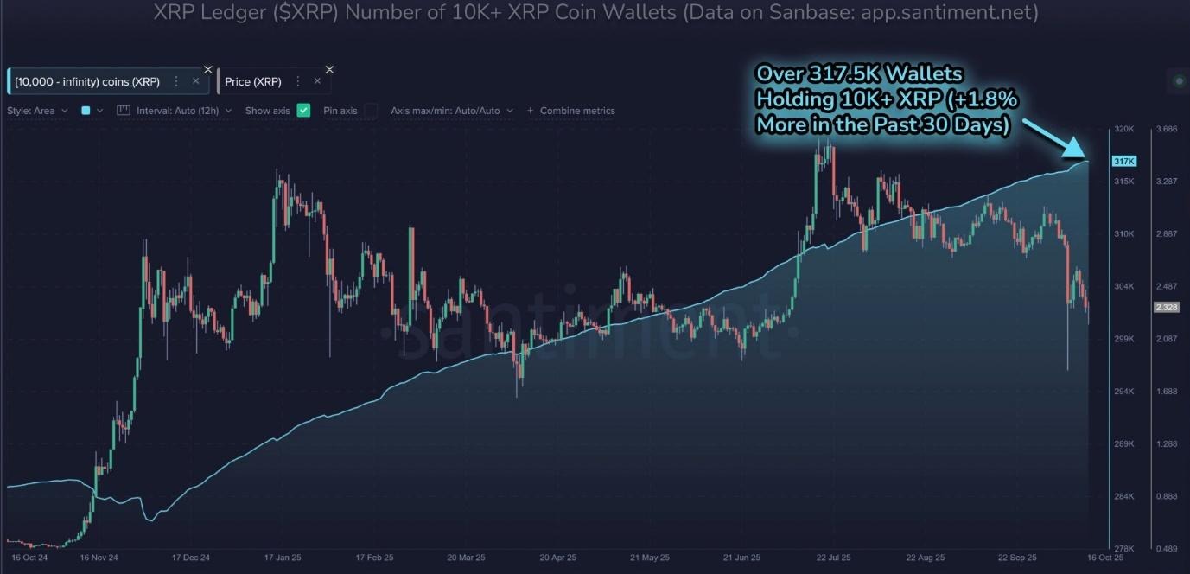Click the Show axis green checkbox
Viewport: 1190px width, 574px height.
[303, 111]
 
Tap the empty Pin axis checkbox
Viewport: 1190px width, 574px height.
[371, 111]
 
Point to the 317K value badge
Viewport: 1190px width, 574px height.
[1123, 162]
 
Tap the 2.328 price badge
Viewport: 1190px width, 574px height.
[1166, 308]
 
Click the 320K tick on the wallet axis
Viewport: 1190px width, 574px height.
[1123, 129]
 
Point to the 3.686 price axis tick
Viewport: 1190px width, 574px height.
[1167, 129]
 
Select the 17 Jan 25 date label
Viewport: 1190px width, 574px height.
[281, 558]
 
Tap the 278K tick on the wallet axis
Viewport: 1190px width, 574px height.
[1123, 549]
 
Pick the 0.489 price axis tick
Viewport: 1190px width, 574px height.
[1167, 549]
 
